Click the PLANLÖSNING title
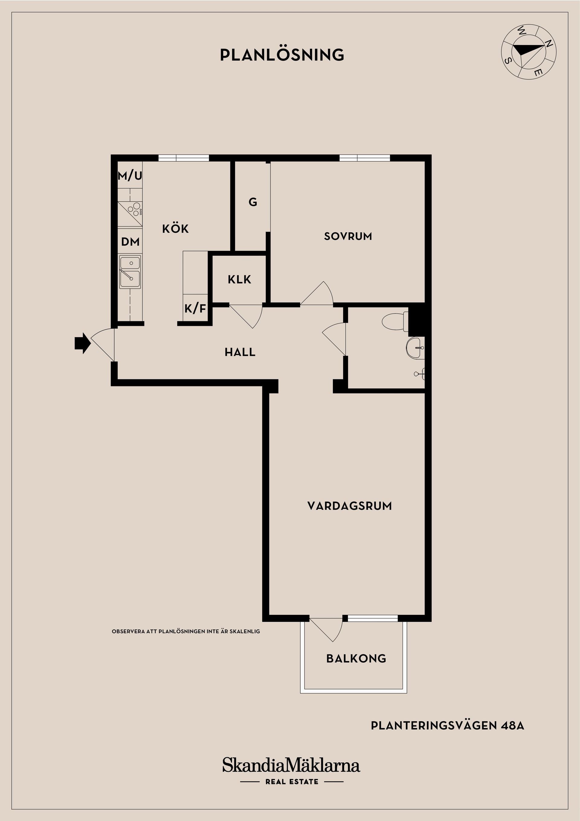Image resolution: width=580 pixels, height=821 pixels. (282, 55)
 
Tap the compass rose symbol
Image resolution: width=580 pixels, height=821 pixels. (529, 52)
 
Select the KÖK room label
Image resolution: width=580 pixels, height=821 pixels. (175, 229)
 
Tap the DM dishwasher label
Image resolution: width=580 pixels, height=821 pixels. (130, 242)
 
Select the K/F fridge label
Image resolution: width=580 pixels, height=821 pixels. (195, 309)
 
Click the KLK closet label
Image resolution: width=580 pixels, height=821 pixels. (240, 279)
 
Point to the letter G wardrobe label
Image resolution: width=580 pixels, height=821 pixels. (253, 203)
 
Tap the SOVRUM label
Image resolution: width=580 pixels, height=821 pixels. (348, 236)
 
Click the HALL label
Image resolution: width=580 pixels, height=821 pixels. (240, 352)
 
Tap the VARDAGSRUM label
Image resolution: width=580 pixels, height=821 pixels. (349, 506)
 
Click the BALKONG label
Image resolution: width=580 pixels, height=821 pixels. (356, 659)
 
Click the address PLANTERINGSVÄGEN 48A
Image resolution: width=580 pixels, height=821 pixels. (447, 725)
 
